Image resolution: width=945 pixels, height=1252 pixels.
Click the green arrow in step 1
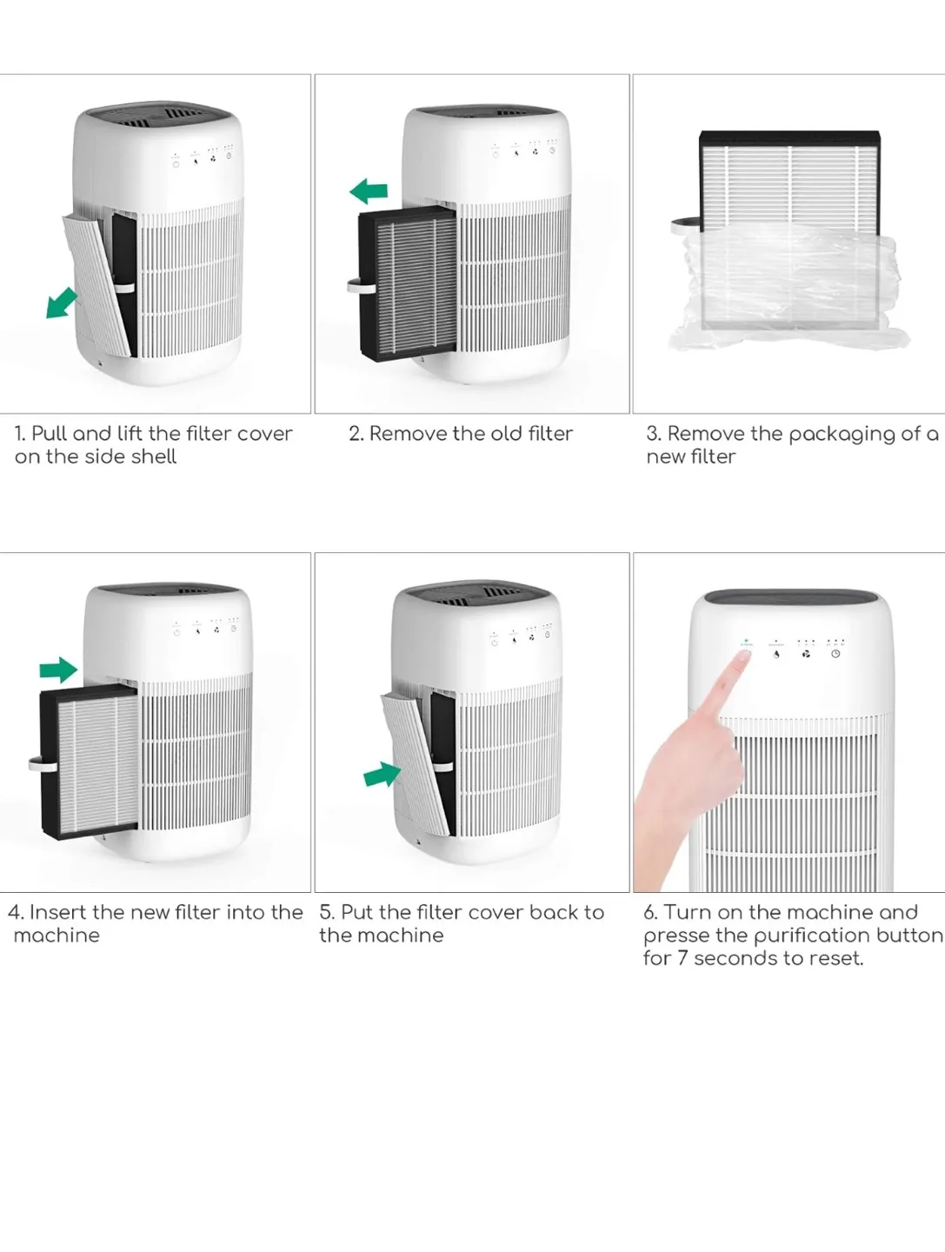[x=61, y=303]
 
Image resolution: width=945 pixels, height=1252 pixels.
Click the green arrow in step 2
[x=369, y=191]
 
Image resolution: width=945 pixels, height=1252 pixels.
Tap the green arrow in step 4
[x=58, y=669]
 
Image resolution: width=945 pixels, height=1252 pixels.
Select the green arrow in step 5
[x=382, y=773]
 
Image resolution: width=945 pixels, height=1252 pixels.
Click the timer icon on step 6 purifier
[x=835, y=654]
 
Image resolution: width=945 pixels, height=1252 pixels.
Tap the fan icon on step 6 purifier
[x=806, y=654]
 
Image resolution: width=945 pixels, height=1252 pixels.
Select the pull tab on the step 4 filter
[x=35, y=763]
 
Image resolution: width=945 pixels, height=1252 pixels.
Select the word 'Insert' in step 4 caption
[x=58, y=912]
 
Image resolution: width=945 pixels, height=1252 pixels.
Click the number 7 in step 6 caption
[x=682, y=958]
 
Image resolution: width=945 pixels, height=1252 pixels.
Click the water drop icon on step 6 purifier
[x=776, y=654]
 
